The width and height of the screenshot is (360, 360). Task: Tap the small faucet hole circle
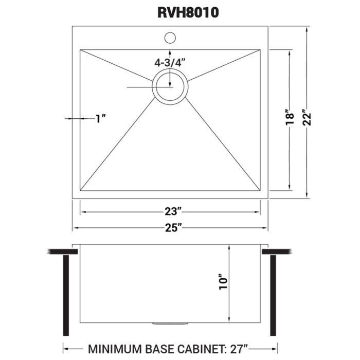pos(170,38)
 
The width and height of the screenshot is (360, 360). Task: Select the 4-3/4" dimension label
pos(169,63)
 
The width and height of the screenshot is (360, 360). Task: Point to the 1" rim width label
pos(101,119)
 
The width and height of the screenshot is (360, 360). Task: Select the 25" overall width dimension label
pos(170,228)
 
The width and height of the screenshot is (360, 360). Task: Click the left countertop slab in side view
pos(62,251)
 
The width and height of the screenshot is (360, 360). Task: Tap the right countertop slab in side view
pos(277,251)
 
